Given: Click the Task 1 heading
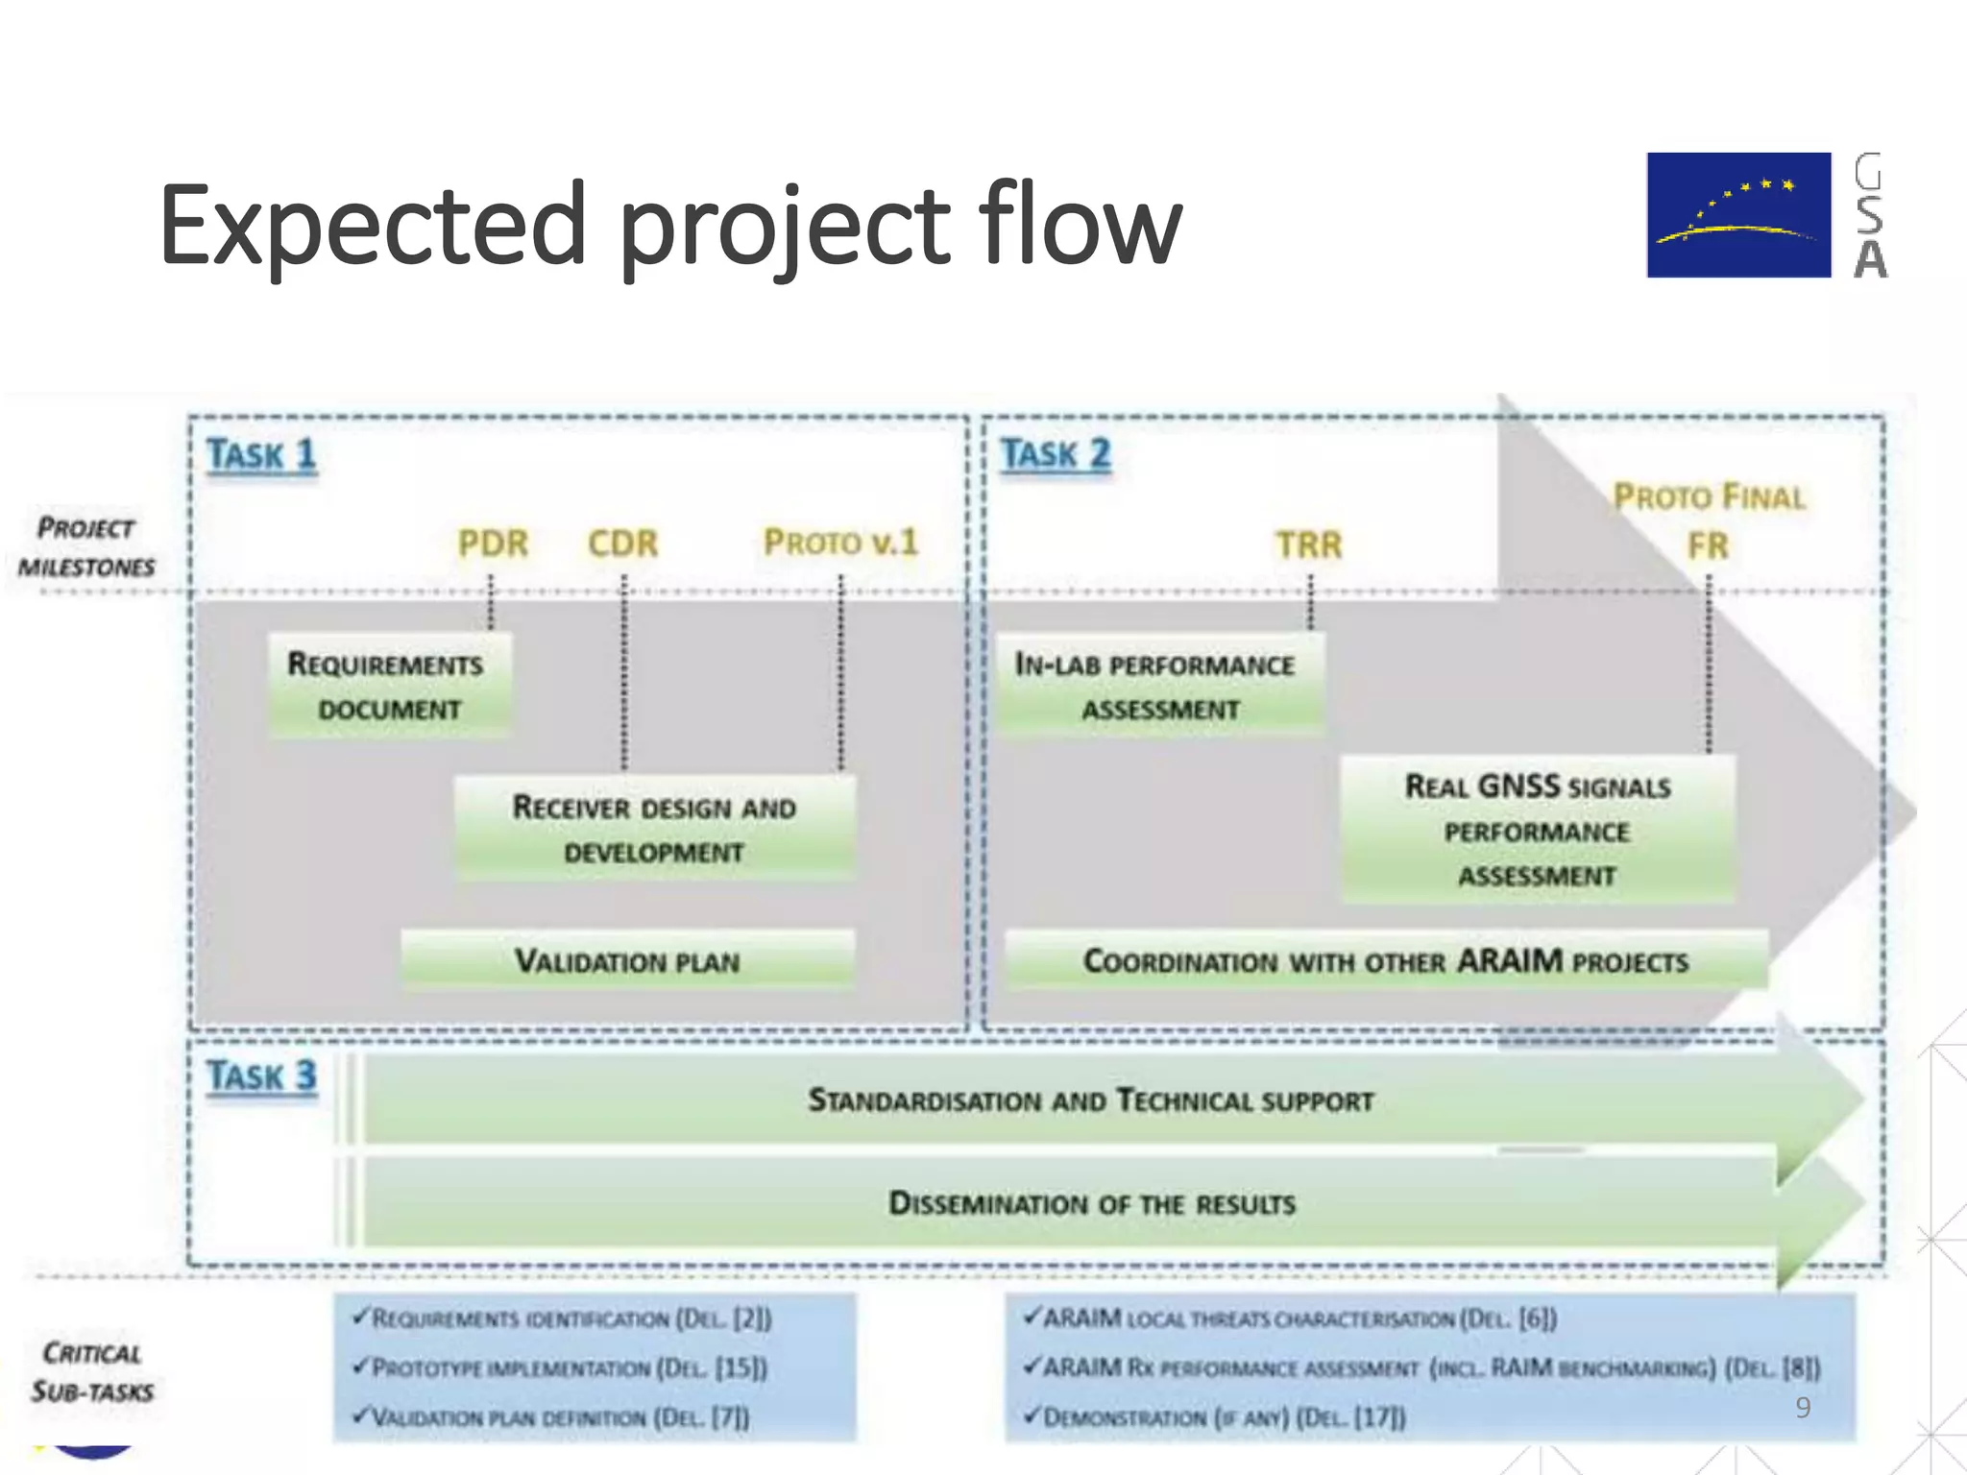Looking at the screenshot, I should pos(261,454).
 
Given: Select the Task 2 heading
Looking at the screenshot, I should pos(1056,453).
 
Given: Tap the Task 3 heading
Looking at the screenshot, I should pos(261,1076).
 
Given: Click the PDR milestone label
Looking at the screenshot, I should pos(493,544).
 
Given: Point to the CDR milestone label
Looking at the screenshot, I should pos(623,544).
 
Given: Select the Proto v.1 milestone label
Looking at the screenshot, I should pos(840,543).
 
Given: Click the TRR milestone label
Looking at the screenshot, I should pos(1308,544).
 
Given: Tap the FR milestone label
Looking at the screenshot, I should pos(1708,545).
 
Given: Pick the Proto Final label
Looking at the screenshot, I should pos(1709,496).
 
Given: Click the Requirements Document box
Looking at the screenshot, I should pos(389,686).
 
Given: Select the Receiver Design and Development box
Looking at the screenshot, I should pos(654,829).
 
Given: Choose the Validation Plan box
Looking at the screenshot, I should pos(627,960).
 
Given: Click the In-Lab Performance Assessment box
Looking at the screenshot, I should pos(1158,686).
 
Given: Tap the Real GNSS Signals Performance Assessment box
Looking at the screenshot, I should pos(1537,830).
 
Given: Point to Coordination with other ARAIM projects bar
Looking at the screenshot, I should pos(1385,960).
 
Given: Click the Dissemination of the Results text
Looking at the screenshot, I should pos(1091,1203).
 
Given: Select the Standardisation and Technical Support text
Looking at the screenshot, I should pos(1091,1100).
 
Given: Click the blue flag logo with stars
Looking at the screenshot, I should pos(1738,215).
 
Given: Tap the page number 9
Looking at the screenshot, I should pos(1803,1407).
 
